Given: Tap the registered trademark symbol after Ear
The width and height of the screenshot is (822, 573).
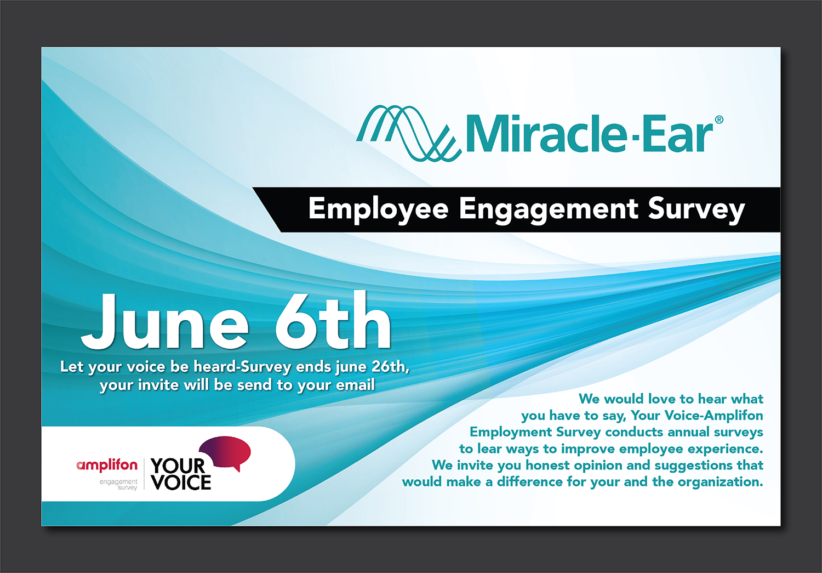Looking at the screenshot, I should pyautogui.click(x=719, y=120).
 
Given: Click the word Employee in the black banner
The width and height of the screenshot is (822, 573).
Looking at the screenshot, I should pyautogui.click(x=378, y=209).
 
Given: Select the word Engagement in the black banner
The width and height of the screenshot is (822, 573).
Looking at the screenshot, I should pyautogui.click(x=548, y=209).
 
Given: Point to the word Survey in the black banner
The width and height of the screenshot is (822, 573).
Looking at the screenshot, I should pyautogui.click(x=696, y=209).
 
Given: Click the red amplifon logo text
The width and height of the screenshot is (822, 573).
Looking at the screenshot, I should pyautogui.click(x=107, y=465).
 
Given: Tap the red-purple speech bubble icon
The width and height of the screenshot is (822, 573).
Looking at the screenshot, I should pyautogui.click(x=226, y=452).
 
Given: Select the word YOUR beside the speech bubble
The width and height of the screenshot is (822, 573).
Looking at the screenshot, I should pyautogui.click(x=177, y=466).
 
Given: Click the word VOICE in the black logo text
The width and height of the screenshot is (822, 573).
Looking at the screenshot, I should pyautogui.click(x=181, y=483).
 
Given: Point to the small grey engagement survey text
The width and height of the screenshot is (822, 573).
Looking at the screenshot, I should pyautogui.click(x=119, y=484).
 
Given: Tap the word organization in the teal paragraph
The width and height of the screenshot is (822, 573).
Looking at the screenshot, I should pyautogui.click(x=720, y=482).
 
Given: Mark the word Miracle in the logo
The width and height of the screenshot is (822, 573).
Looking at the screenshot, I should pyautogui.click(x=545, y=134).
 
